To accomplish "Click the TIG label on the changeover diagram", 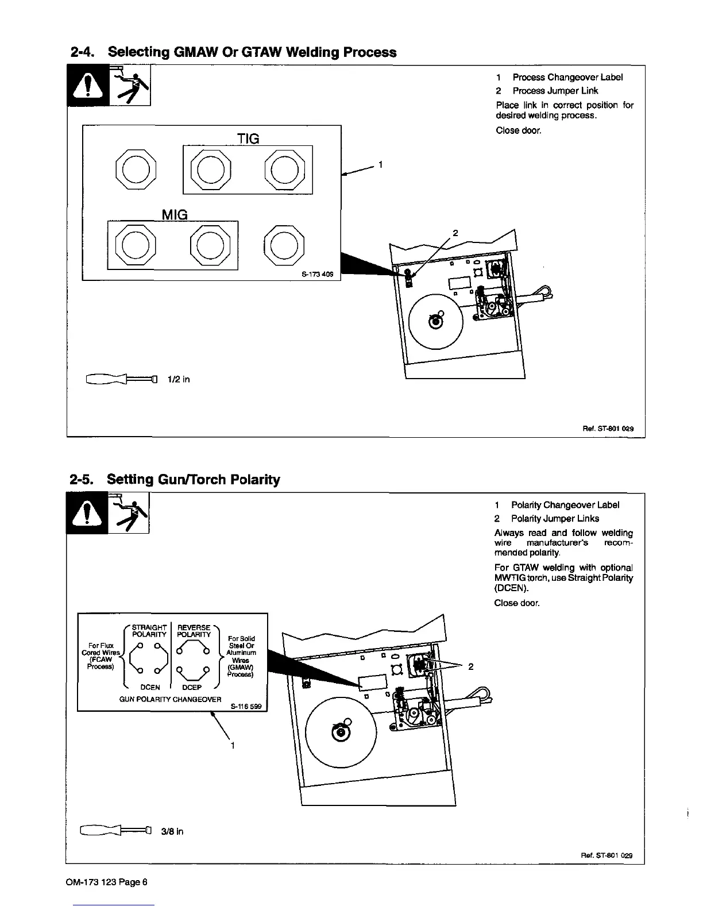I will [x=248, y=138].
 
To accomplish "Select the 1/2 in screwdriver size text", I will [x=178, y=379].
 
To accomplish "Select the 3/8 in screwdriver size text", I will [x=172, y=831].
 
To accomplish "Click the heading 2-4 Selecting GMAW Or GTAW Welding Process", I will [x=233, y=52].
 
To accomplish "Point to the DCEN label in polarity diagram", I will [x=150, y=687].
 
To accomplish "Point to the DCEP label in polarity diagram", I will [x=191, y=687].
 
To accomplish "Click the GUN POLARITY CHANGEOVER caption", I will [x=170, y=699].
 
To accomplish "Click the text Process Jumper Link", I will [x=555, y=91].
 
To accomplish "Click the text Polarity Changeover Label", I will [x=565, y=505].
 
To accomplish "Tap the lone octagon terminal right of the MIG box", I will [x=285, y=245].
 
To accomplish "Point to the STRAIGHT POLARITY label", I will [x=149, y=631].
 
